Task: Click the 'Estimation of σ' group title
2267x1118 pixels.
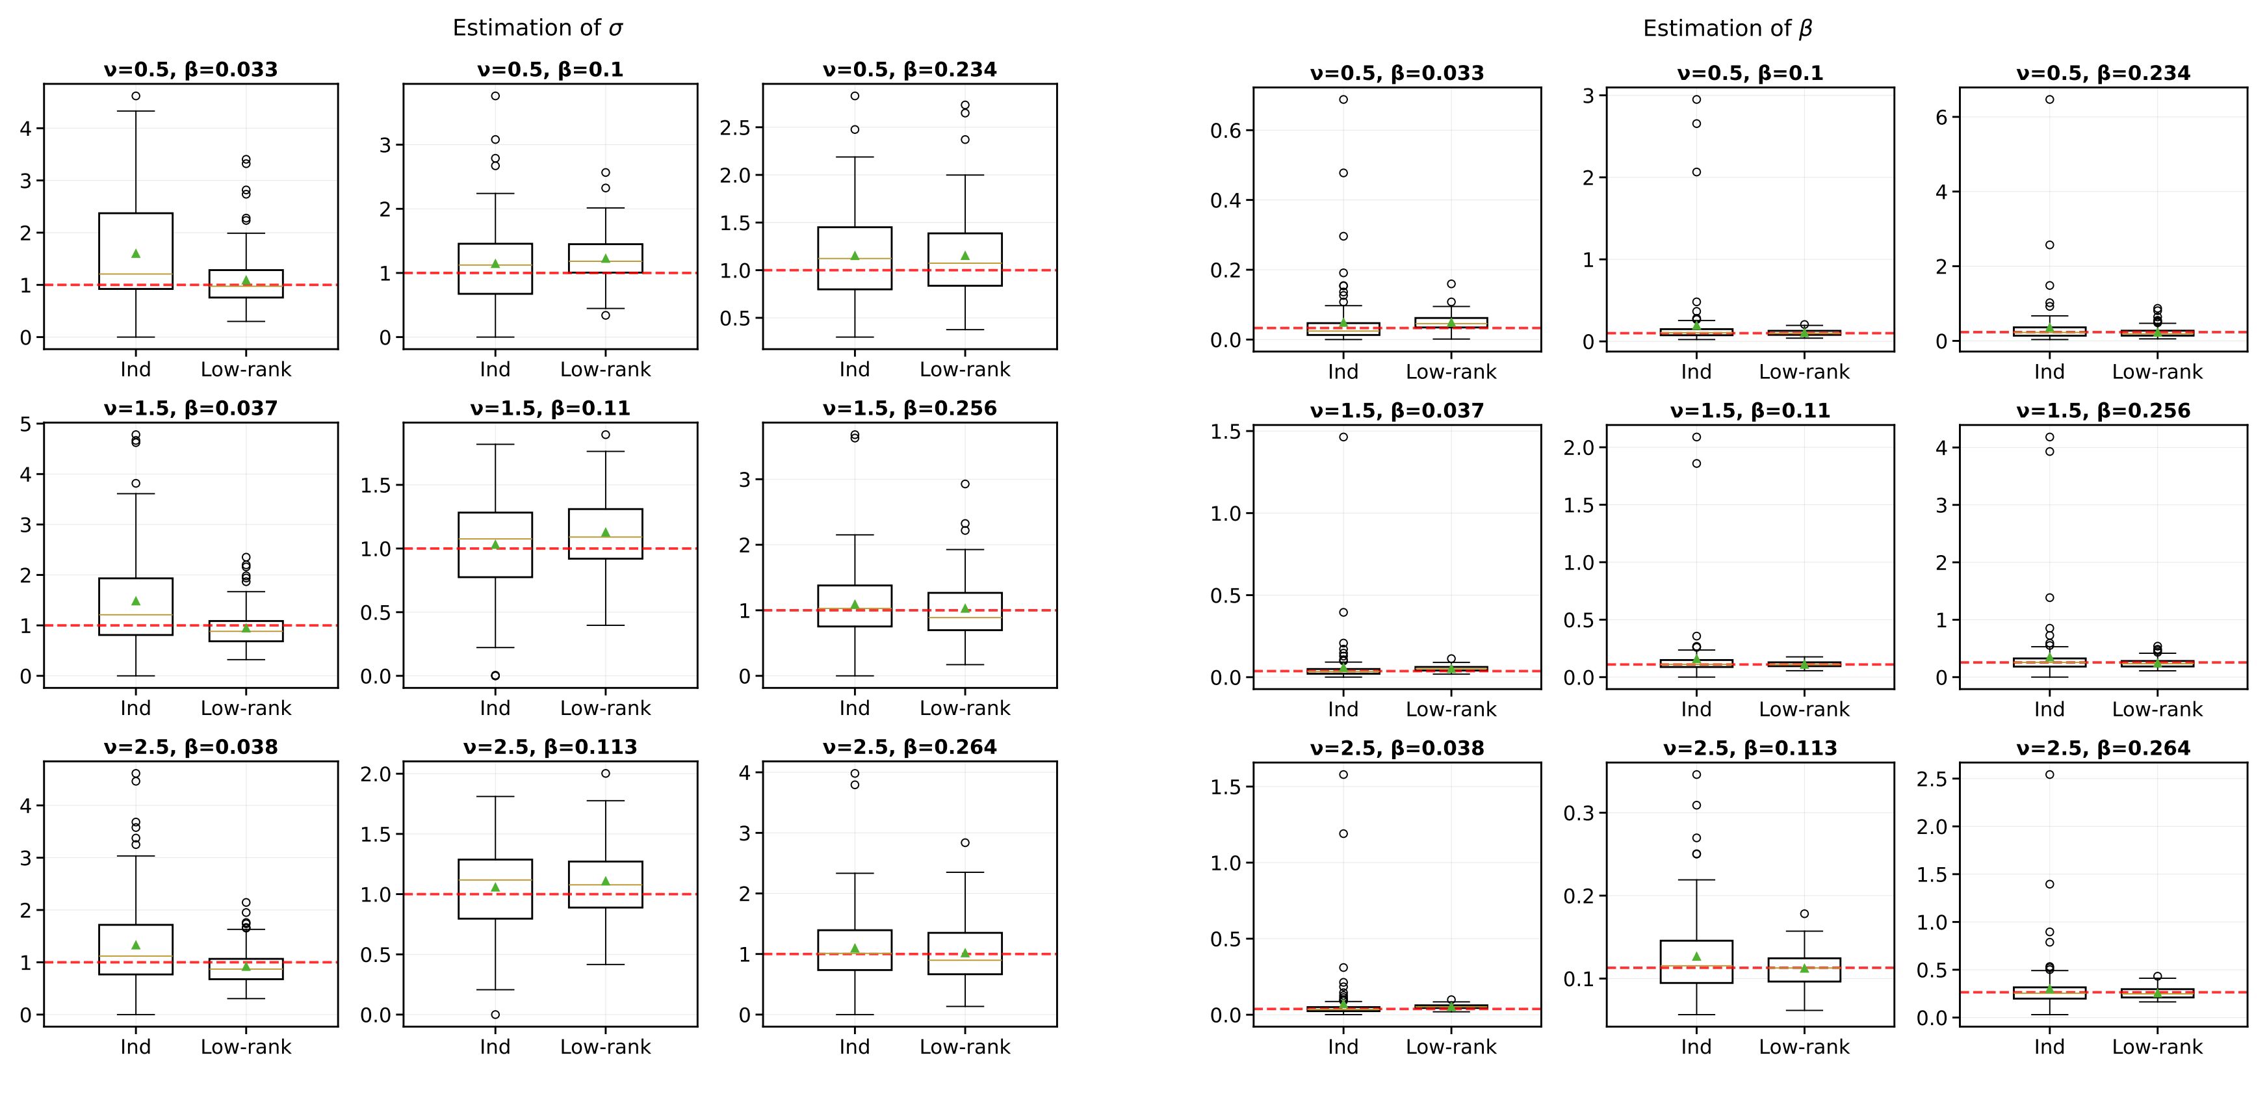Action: [x=538, y=28]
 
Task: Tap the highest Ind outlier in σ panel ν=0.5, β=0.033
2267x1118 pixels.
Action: [x=136, y=96]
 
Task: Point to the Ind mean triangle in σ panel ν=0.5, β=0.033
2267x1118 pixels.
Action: [x=136, y=253]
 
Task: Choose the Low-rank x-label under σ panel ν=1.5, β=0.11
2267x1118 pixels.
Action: [x=606, y=708]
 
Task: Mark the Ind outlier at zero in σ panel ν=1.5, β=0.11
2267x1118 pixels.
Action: [x=495, y=675]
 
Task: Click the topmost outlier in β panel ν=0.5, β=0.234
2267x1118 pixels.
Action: [x=2050, y=99]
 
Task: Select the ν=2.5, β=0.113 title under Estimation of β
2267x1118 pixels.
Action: [x=1750, y=748]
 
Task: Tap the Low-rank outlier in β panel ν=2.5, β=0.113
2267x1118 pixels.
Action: [x=1804, y=914]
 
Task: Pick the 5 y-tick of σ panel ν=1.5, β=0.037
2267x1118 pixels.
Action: [x=25, y=424]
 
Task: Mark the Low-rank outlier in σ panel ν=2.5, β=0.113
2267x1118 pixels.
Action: [x=606, y=773]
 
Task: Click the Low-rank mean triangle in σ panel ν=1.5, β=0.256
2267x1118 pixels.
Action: [x=965, y=608]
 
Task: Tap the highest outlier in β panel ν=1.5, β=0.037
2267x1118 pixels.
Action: [x=1343, y=437]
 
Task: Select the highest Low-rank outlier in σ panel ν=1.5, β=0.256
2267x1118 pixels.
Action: [x=965, y=484]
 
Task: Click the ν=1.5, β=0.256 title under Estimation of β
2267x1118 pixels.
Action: [x=2103, y=411]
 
